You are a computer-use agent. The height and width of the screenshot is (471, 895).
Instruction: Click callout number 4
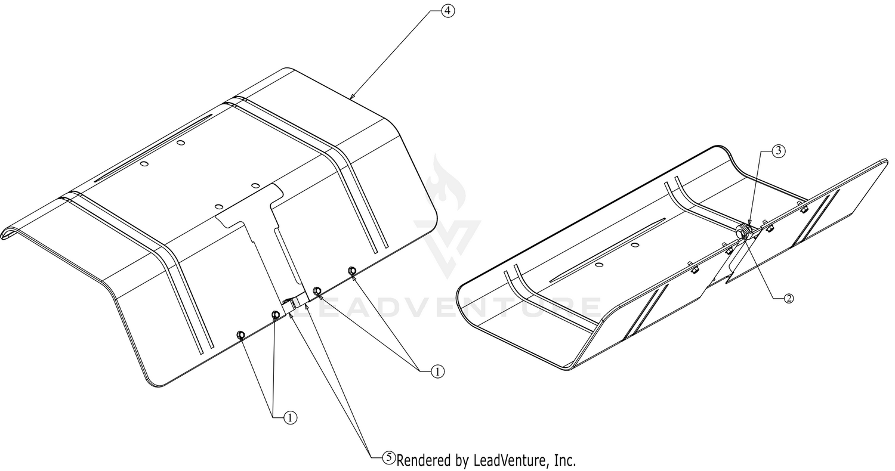tap(447, 11)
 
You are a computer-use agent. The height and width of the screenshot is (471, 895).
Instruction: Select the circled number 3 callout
tap(778, 151)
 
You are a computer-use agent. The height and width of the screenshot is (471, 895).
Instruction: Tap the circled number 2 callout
tap(788, 298)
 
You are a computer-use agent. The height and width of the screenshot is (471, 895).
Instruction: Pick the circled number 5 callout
tap(388, 457)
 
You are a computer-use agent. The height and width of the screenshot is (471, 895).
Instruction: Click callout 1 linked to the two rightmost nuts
tap(437, 371)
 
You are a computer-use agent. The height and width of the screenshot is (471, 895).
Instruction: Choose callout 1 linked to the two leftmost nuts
tap(291, 418)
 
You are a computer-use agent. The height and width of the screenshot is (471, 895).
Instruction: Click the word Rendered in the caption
tap(424, 461)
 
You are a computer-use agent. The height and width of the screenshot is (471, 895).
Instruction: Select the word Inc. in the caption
tap(565, 461)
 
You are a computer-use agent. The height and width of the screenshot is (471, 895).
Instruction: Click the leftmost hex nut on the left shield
tap(241, 334)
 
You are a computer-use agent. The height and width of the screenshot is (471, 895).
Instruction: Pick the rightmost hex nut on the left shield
tap(351, 270)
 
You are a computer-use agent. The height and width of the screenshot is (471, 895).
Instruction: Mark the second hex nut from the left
tap(275, 315)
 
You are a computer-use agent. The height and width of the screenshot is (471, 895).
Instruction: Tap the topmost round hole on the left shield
tap(181, 142)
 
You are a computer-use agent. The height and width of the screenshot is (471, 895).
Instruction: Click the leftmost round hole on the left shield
tap(145, 163)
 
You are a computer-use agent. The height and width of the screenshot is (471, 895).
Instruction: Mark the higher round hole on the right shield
tap(635, 244)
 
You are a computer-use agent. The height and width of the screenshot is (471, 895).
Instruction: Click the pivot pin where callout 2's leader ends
tap(742, 234)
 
